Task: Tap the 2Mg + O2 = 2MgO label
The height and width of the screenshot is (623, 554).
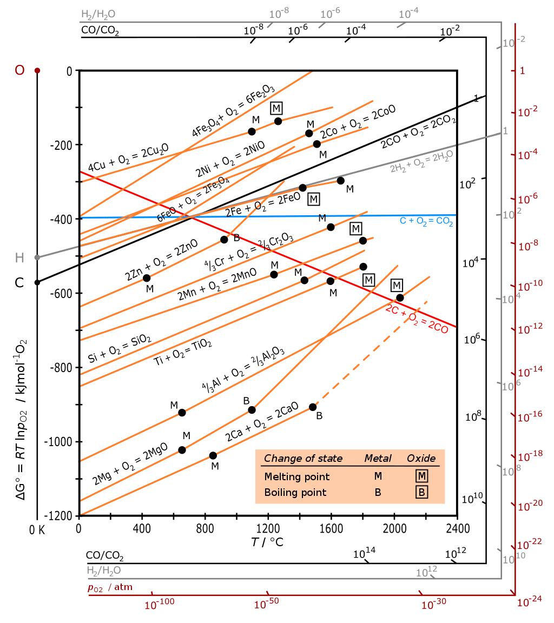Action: tap(129, 464)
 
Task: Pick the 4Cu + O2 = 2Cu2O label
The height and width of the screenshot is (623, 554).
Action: tap(128, 158)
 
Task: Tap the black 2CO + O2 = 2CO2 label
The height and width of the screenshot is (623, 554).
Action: tap(418, 130)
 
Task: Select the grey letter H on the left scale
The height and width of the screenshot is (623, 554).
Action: tap(19, 258)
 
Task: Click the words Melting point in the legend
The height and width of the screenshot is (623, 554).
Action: tap(296, 476)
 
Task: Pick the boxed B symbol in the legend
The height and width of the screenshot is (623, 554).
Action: tap(421, 492)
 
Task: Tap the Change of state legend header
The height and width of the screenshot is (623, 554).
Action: tap(303, 459)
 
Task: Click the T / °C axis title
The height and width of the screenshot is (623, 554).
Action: tap(267, 542)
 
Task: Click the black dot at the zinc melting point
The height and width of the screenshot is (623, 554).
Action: tap(147, 278)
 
